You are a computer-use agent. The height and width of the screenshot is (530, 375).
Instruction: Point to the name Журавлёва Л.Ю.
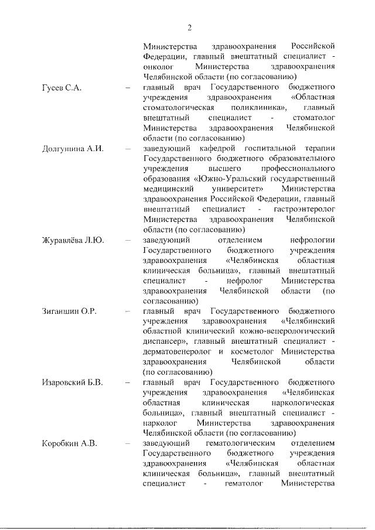tap(73, 240)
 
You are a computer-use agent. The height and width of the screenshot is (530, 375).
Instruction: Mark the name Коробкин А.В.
tap(69, 443)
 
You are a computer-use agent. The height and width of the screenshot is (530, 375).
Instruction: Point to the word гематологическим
tap(241, 443)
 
